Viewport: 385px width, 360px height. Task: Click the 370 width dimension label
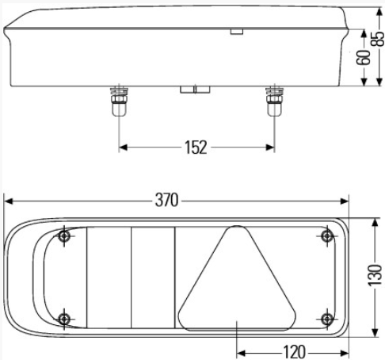coord(167,200)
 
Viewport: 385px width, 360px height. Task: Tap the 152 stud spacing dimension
coord(196,147)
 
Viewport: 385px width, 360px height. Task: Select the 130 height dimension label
coord(375,275)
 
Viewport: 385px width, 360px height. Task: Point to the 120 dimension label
coord(294,352)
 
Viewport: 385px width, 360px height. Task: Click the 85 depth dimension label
coord(378,39)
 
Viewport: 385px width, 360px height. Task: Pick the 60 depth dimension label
coord(364,57)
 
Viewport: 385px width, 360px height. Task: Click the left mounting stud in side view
coord(119,101)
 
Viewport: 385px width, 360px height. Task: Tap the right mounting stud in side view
coord(275,101)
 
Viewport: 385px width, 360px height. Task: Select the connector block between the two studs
coord(195,90)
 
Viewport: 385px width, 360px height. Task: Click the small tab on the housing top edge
coord(237,32)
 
